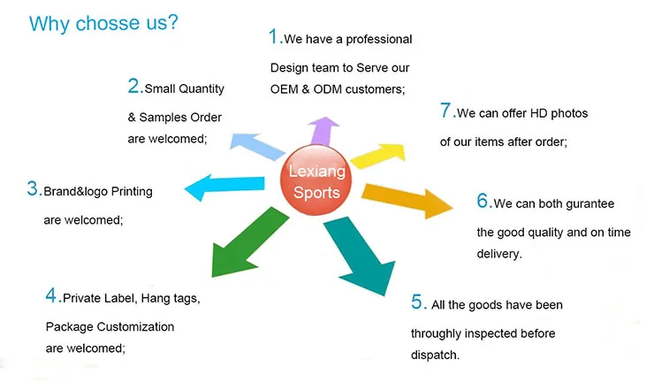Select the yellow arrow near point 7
point(378,154)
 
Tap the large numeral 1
point(275,37)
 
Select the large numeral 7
point(446,111)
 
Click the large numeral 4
point(51,295)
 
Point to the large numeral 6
point(483,202)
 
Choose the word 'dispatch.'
point(436,355)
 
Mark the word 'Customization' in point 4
point(133,327)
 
